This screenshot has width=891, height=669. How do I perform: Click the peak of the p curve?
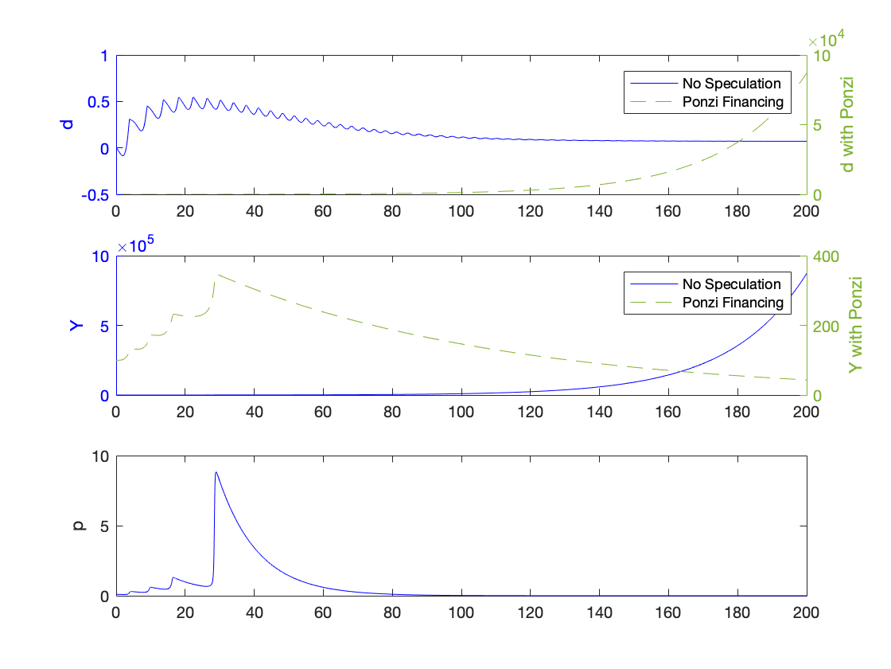pyautogui.click(x=216, y=472)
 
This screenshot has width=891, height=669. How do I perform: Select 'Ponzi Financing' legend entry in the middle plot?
pyautogui.click(x=733, y=303)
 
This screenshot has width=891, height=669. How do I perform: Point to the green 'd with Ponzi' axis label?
pyautogui.click(x=848, y=124)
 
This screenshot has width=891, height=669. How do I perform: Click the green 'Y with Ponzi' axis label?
pyautogui.click(x=854, y=325)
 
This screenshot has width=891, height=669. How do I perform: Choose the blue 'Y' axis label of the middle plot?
pyautogui.click(x=78, y=325)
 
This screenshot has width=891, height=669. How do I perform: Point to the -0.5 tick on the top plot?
pyautogui.click(x=94, y=195)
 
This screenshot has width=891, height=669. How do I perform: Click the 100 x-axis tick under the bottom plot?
pyautogui.click(x=461, y=612)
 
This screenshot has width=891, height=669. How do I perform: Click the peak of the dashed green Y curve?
pyautogui.click(x=216, y=275)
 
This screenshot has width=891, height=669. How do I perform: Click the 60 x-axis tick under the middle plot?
pyautogui.click(x=323, y=412)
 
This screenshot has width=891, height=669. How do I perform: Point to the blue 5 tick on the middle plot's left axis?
pyautogui.click(x=105, y=326)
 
